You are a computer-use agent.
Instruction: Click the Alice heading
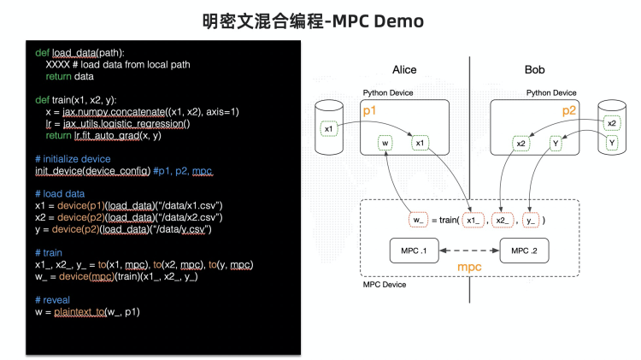click(x=404, y=69)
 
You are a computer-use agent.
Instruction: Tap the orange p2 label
click(x=569, y=111)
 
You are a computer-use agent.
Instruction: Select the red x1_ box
click(x=473, y=220)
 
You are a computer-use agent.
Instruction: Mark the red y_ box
click(x=532, y=220)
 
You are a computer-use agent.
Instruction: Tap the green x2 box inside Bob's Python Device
click(x=521, y=143)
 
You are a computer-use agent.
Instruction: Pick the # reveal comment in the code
click(x=56, y=300)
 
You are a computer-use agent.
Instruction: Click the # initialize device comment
click(x=74, y=159)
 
